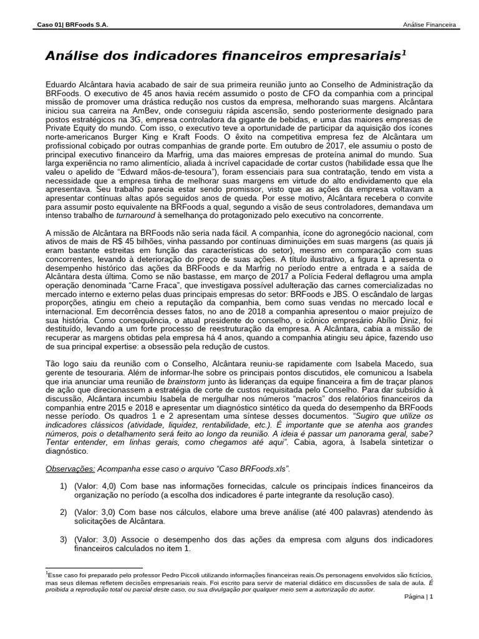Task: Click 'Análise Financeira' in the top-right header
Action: click(x=430, y=25)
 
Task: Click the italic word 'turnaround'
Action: click(x=137, y=215)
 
